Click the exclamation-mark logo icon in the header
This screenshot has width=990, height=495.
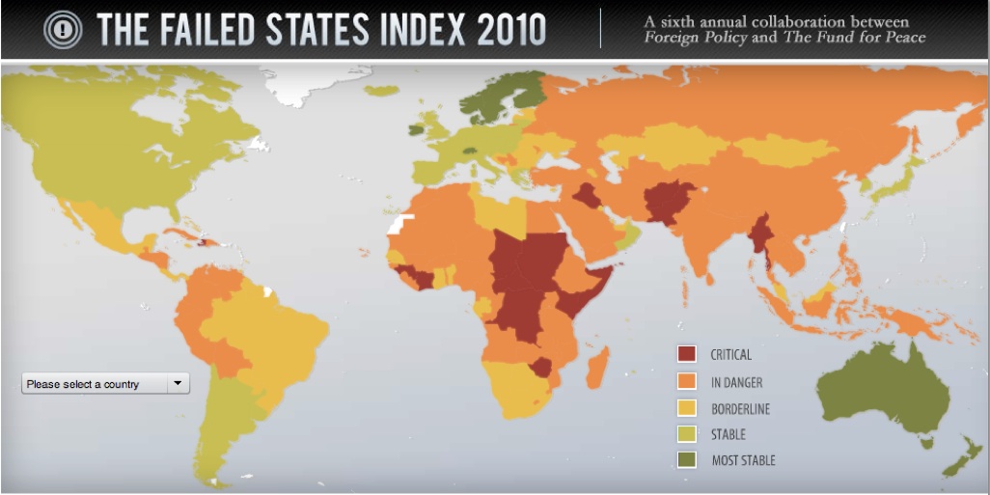(63, 30)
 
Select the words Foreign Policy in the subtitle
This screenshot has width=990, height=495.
(685, 39)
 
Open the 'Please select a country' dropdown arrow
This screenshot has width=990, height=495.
(178, 384)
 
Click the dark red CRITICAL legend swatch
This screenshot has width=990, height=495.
(687, 354)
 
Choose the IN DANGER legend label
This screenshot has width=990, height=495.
(736, 382)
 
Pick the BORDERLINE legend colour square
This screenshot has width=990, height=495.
(687, 408)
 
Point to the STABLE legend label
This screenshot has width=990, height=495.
(729, 434)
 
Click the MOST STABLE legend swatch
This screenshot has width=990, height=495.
(687, 460)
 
